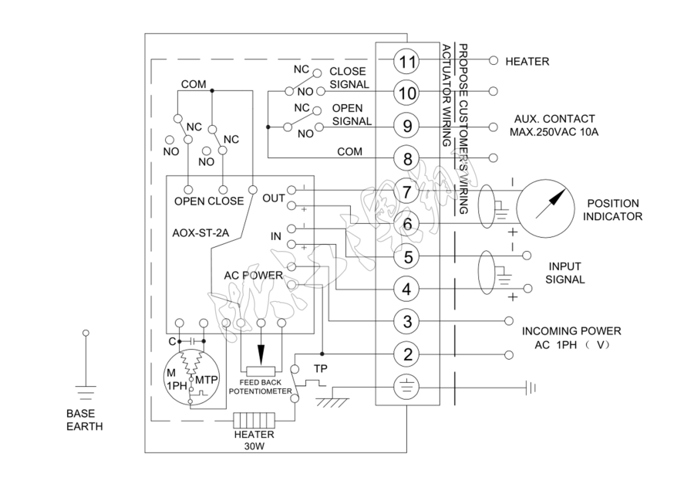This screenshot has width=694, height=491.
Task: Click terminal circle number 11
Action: [x=407, y=61]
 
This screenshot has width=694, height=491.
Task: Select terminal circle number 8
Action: [x=407, y=158]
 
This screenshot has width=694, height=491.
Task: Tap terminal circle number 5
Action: [x=407, y=256]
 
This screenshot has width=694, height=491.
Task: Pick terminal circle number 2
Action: [x=407, y=354]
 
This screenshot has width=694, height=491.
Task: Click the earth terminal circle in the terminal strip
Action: [x=407, y=386]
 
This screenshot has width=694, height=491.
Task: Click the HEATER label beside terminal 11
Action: [x=527, y=61]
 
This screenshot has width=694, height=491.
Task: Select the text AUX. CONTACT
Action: [x=554, y=119]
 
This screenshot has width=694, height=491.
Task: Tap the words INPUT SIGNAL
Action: [x=565, y=273]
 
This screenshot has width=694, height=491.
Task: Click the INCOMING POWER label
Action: [x=571, y=331]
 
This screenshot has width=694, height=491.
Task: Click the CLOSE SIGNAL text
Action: [x=348, y=78]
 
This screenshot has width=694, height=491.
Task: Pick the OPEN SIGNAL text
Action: [x=351, y=114]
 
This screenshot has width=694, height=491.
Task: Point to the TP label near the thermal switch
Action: [x=320, y=368]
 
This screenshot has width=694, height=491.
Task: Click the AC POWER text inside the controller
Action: [x=253, y=275]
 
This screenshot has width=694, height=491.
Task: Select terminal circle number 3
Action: [x=407, y=320]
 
